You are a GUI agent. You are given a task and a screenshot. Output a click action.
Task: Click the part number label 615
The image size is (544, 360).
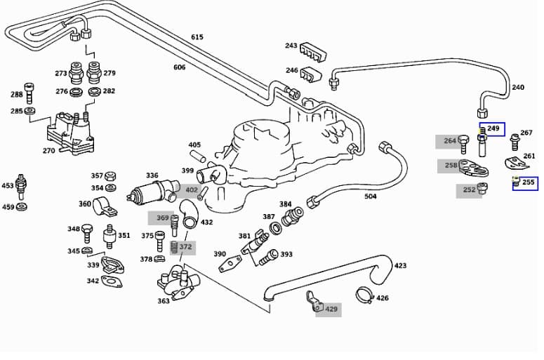pos(197,37)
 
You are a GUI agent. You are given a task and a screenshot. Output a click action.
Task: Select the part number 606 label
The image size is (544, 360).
pos(180,67)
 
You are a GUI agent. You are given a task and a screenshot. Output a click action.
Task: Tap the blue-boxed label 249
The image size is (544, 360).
pos(493,129)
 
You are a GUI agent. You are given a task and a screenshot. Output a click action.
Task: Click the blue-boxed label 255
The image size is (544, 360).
pos(528,182)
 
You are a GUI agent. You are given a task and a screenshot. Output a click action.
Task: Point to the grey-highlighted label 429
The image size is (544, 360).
pos(331,309)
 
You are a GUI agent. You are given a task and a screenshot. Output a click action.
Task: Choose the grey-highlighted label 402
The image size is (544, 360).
pos(191,190)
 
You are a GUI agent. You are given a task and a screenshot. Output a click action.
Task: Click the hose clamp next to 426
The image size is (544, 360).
pos(364,295)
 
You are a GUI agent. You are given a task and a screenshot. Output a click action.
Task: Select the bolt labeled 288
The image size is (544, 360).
pos(29,92)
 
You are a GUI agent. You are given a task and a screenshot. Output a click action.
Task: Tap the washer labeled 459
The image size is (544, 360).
pos(22,207)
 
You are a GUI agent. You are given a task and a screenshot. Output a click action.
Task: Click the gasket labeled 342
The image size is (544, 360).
pos(112,281)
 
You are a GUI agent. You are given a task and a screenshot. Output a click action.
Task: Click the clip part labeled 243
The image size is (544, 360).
pos(312,51)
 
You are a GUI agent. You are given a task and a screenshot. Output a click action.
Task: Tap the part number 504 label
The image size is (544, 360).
pos(371,196)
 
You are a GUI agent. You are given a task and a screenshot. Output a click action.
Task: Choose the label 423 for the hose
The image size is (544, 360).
pos(400,266)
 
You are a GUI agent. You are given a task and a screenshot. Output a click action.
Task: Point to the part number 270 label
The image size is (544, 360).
pos(48,150)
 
